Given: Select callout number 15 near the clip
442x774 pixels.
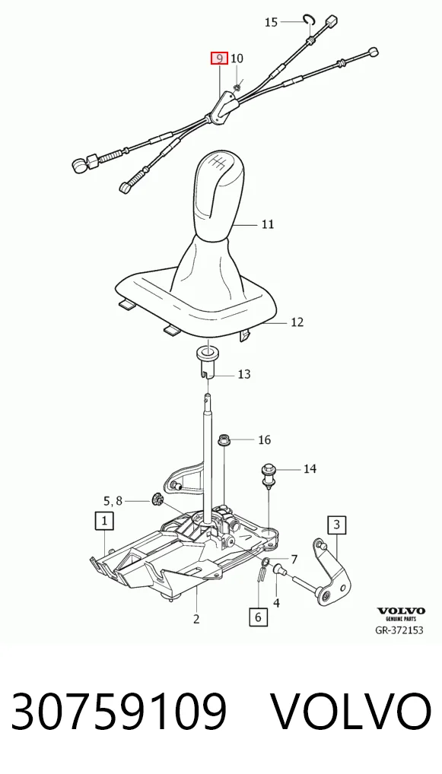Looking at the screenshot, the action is pyautogui.click(x=271, y=22).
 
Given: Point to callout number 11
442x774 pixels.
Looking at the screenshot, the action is pyautogui.click(x=267, y=224).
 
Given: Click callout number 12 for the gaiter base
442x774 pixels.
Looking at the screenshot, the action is pyautogui.click(x=297, y=322).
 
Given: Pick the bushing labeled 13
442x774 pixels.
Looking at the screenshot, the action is pyautogui.click(x=208, y=363).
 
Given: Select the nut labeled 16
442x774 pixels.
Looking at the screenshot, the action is pyautogui.click(x=224, y=439).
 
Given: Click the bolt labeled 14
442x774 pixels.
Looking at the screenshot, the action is pyautogui.click(x=268, y=474).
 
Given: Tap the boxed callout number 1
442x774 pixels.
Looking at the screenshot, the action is pyautogui.click(x=104, y=520).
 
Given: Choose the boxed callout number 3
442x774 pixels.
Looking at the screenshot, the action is pyautogui.click(x=337, y=524).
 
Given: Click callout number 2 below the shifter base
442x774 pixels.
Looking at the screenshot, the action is pyautogui.click(x=196, y=619).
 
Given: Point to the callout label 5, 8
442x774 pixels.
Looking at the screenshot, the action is pyautogui.click(x=113, y=501).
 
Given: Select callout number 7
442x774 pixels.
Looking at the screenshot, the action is pyautogui.click(x=294, y=560).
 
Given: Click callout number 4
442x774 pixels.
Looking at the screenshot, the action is pyautogui.click(x=277, y=603).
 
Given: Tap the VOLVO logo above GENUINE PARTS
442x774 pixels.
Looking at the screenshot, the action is pyautogui.click(x=401, y=611).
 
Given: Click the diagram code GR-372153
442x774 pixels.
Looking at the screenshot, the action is pyautogui.click(x=399, y=630).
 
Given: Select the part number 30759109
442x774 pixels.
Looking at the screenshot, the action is pyautogui.click(x=119, y=712).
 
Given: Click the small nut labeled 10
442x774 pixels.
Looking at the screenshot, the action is pyautogui.click(x=236, y=87).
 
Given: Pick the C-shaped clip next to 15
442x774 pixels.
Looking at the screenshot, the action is pyautogui.click(x=309, y=19).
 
